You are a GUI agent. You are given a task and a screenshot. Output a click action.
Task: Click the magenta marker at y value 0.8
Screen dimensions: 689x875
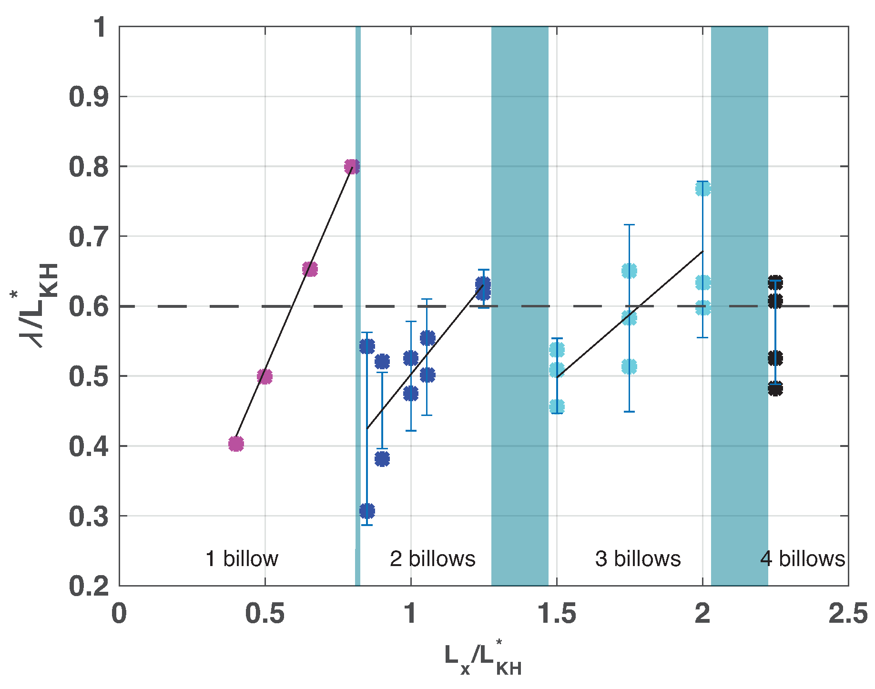point(352,167)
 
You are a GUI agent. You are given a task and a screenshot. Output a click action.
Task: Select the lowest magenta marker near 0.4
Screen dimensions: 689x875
point(236,444)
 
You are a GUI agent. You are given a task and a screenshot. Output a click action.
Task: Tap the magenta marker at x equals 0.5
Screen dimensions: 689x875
point(265,376)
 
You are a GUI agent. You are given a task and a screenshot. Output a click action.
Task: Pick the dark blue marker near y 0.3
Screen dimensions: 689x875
point(367,511)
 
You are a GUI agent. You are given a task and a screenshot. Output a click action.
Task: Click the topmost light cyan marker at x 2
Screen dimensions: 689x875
point(703,189)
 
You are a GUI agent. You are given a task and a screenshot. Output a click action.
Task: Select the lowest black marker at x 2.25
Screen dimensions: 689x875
point(775,388)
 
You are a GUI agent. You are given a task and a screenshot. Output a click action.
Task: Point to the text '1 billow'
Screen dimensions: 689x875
point(242,558)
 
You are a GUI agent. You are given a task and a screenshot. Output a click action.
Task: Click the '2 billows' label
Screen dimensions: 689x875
point(432,558)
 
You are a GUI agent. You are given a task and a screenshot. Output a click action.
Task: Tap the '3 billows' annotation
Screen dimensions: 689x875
point(638,558)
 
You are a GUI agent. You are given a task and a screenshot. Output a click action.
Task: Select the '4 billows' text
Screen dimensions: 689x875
point(803,558)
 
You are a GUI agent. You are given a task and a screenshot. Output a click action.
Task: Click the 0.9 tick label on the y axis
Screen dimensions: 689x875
point(89,97)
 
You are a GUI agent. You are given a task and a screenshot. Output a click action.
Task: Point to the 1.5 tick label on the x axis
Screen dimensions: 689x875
point(556,614)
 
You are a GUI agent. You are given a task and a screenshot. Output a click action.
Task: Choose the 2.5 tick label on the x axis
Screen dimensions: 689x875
point(848,614)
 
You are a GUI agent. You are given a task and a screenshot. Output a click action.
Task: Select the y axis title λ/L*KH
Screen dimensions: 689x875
point(36,305)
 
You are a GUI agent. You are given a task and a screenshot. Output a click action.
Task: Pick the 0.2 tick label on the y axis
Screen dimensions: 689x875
point(89,586)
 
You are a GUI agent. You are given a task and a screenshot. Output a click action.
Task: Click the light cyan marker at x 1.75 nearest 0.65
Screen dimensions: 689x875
point(629,271)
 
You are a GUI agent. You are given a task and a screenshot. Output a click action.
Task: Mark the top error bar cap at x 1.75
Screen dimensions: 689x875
point(629,224)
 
